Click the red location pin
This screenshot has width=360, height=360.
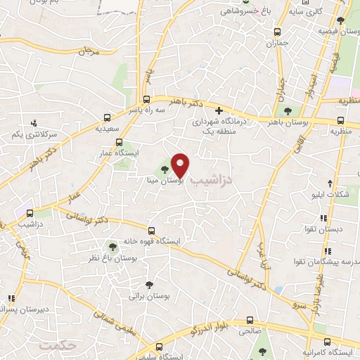tap(181, 165)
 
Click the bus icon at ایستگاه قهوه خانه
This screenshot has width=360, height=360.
tap(151, 230)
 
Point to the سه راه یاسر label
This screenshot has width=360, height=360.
tap(146, 110)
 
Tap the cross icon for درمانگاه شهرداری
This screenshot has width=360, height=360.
tap(219, 110)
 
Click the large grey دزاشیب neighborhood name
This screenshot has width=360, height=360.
tap(216, 181)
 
